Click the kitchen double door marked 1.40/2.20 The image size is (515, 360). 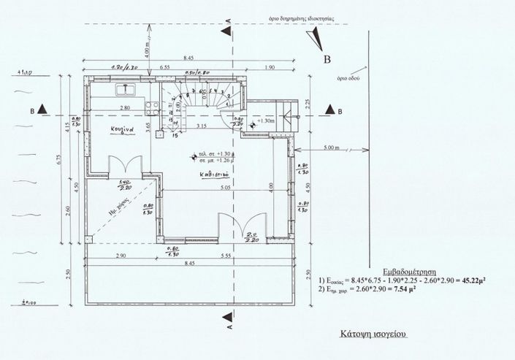click(121, 166)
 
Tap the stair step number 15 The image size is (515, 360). click(175, 135)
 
